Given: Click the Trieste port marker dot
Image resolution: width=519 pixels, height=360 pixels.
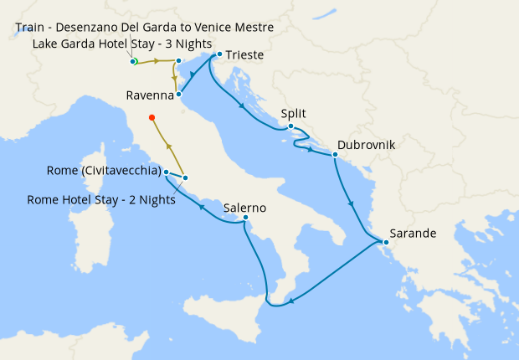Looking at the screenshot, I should [x=218, y=55].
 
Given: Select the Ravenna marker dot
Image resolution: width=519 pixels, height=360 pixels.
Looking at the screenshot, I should [x=179, y=95].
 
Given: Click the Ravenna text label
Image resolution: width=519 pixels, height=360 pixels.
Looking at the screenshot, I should [x=150, y=95].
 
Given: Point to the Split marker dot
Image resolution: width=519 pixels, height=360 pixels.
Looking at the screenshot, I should [x=290, y=126].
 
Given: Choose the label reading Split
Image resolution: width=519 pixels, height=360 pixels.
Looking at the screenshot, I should [x=295, y=111].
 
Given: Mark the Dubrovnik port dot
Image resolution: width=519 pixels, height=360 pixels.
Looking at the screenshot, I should [x=334, y=155].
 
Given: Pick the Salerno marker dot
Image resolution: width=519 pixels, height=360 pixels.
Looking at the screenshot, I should [x=245, y=219].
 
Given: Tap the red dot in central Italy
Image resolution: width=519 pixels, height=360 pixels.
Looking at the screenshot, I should [x=152, y=117].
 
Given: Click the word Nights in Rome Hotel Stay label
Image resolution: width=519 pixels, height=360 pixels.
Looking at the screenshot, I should [x=157, y=200].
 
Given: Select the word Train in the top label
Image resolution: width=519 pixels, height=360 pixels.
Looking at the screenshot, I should [x=31, y=28].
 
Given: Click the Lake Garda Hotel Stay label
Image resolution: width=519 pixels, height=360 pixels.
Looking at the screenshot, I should [x=122, y=44].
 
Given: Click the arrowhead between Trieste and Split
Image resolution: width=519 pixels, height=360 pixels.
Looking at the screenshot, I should [x=242, y=105].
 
